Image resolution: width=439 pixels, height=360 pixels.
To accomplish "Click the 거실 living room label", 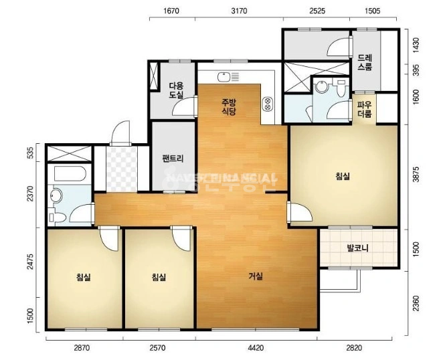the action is coord(256,276).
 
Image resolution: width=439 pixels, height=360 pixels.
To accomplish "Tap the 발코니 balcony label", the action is coord(357,248).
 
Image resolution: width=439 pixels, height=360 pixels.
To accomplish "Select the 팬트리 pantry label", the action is coord(173,159).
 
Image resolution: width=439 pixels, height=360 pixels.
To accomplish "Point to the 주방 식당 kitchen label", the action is coord(229,106).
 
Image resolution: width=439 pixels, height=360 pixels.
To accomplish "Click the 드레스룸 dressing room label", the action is coord(365,62).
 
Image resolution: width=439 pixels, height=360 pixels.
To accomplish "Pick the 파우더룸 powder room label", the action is coord(365,110).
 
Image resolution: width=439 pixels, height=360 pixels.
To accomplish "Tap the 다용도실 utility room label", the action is coord(176,90).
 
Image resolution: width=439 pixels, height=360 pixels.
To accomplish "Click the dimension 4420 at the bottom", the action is coord(256,348).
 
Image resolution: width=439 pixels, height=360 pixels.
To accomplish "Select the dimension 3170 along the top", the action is coord(240,11).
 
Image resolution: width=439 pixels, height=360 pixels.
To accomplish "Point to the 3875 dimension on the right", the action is coord(416,175).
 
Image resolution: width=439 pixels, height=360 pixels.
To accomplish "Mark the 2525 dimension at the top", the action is coord(317,11).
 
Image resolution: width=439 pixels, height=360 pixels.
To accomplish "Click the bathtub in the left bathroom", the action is coord(70,174).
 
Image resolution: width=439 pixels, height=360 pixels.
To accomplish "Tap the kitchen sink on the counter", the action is coord(224,76).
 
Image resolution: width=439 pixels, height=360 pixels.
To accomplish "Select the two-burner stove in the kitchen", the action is coord(268,104).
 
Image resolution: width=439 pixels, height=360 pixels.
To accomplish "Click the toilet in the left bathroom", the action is coord(57,217).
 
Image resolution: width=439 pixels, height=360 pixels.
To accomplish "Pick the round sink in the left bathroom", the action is coord(56,195).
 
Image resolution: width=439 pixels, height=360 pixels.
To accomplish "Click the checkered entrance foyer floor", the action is coord(122,169).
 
